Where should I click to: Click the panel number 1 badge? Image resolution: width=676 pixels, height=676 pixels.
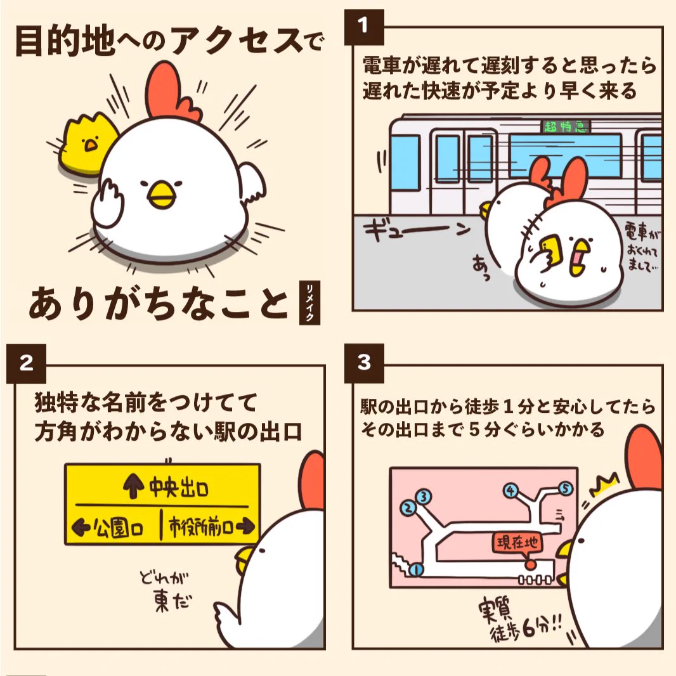(363, 26)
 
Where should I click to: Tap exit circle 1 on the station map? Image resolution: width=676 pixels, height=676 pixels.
(417, 570)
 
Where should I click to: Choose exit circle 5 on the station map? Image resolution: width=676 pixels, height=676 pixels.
(566, 488)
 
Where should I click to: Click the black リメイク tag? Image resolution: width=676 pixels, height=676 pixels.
(310, 304)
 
